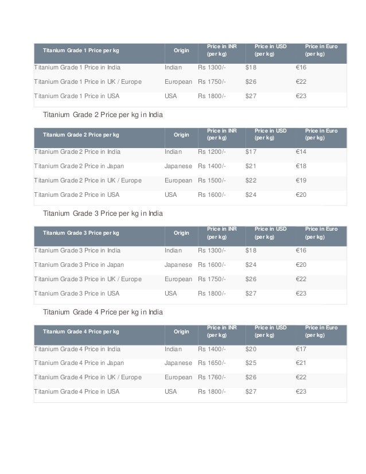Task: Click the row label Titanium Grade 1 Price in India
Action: tap(77, 68)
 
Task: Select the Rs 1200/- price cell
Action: tap(212, 152)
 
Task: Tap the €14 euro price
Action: tap(302, 152)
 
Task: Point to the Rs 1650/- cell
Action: tap(212, 363)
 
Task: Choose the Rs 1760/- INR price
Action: tap(212, 377)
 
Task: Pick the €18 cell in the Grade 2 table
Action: tap(302, 166)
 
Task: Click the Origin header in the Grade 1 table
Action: tap(181, 50)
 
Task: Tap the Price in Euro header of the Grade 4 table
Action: tap(321, 331)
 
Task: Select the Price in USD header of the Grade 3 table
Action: tap(271, 232)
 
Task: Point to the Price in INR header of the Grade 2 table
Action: tap(221, 134)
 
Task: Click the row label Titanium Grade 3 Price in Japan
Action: tap(79, 265)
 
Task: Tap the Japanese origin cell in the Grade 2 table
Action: tap(178, 166)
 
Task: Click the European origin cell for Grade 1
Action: tap(178, 82)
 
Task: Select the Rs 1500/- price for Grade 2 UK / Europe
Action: tap(212, 180)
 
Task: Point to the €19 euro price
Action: tap(302, 180)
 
